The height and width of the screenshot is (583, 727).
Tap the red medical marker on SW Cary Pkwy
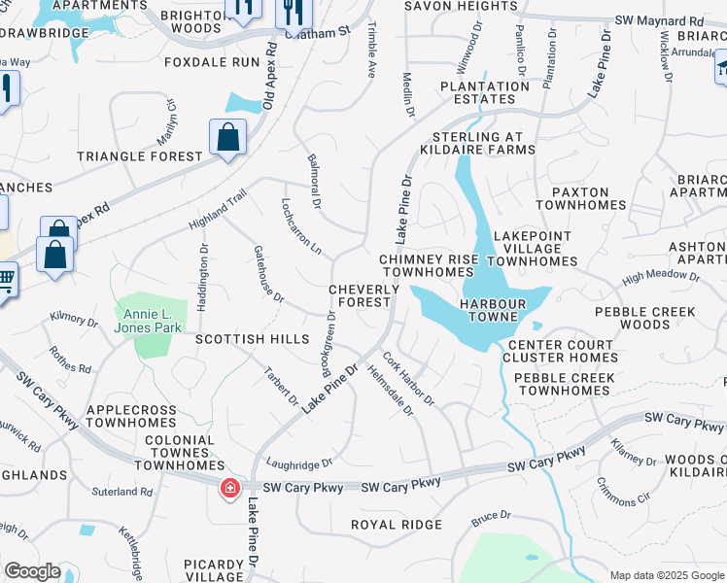230,487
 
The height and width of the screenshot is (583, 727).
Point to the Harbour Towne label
493,304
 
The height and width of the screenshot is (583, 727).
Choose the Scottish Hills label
252,340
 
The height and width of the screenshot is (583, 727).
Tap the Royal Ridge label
397,525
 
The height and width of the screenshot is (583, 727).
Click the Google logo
32,571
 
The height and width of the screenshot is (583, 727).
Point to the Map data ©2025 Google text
667,575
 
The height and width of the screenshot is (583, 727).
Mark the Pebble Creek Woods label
645,318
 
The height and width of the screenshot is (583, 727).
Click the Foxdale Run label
212,62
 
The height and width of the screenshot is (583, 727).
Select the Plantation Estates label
477,92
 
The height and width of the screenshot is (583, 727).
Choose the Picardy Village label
213,570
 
